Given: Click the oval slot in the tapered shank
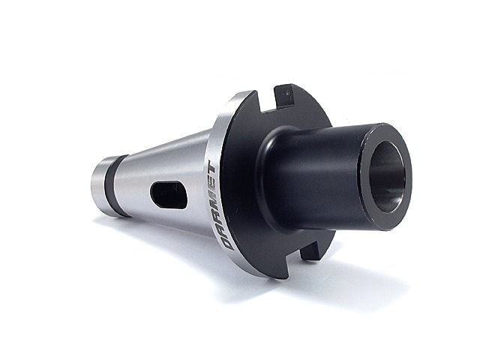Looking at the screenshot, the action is [x=168, y=195].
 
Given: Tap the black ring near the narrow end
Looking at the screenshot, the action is [x=115, y=186].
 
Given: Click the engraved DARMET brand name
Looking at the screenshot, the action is [x=221, y=207].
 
